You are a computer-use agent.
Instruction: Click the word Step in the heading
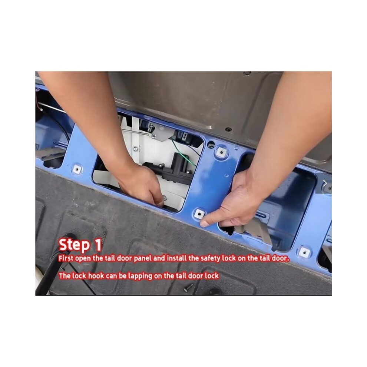point(74,245)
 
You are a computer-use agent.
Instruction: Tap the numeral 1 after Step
point(97,245)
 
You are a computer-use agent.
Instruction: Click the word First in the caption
point(66,258)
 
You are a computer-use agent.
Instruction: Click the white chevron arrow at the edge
point(325,183)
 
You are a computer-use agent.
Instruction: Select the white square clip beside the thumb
point(199,214)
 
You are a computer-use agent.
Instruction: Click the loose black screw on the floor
point(188,287)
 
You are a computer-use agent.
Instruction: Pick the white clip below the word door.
point(304,252)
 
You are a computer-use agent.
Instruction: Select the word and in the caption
point(159,258)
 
